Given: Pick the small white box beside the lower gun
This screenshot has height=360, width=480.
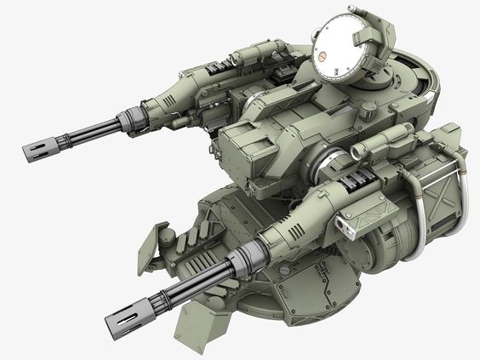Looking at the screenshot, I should click(x=346, y=223).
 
